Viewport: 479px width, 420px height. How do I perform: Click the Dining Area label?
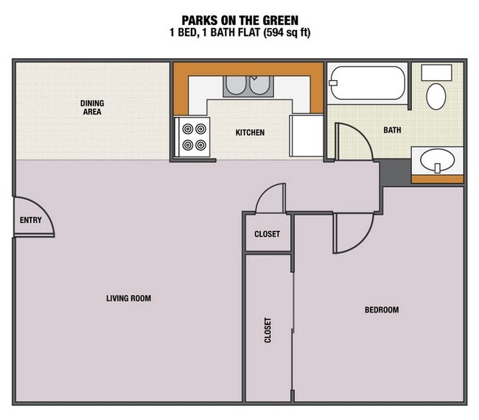[91, 108]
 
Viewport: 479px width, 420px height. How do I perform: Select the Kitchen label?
[249, 133]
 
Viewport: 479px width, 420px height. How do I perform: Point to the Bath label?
[392, 130]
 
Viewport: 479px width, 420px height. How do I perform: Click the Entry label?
[30, 220]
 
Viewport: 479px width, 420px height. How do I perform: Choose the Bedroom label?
[382, 310]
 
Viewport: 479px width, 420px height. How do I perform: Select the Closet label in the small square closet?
[267, 235]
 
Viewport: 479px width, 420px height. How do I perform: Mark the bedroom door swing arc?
[349, 233]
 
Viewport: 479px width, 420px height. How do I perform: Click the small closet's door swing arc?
[269, 197]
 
